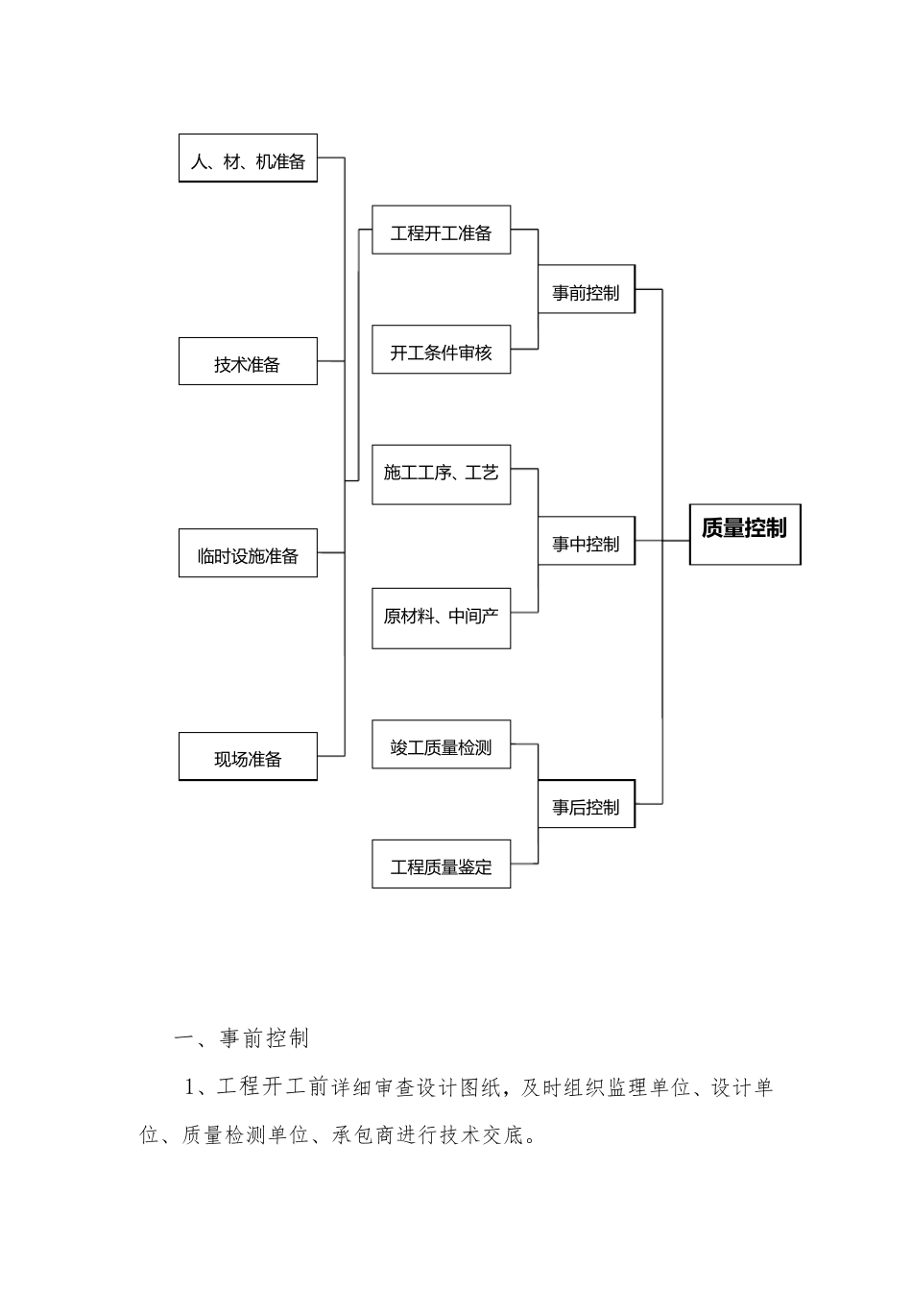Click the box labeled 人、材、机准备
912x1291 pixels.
tap(248, 158)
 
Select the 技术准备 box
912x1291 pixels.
tap(248, 362)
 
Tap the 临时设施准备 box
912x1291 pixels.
tap(248, 553)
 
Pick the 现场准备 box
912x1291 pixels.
tap(248, 757)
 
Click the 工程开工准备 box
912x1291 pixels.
tap(441, 231)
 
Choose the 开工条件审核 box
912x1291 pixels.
tap(441, 350)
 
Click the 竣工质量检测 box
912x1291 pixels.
tap(441, 744)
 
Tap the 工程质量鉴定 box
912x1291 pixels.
tap(441, 864)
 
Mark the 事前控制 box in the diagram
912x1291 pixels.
tap(586, 290)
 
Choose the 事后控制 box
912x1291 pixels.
tap(586, 804)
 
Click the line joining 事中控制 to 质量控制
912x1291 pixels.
tap(662, 540)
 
